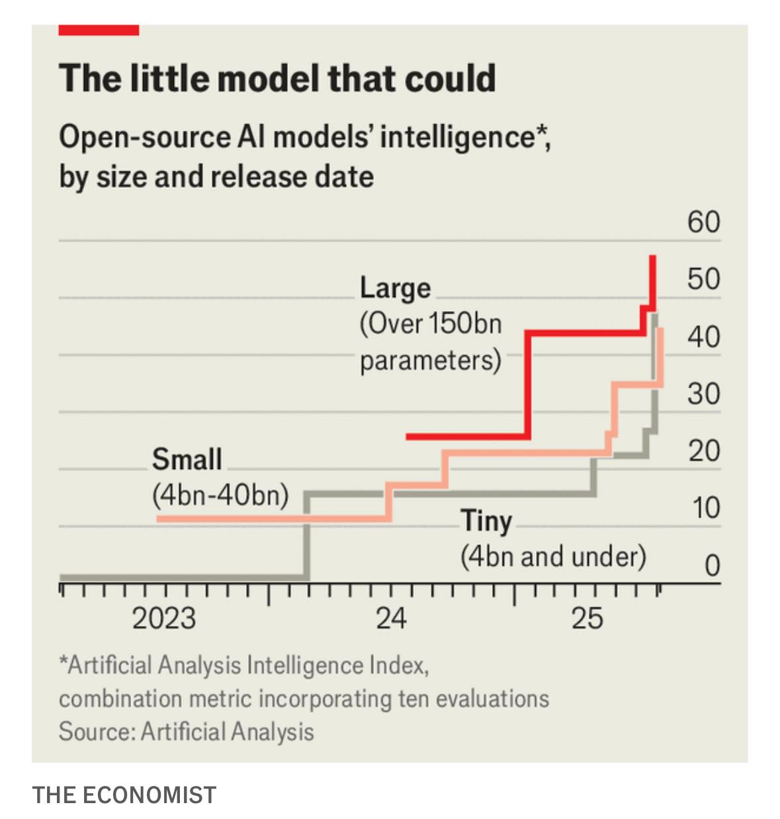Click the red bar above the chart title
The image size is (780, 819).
pyautogui.click(x=99, y=30)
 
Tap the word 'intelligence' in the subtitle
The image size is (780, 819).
pyautogui.click(x=458, y=138)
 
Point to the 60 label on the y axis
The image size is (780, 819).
pyautogui.click(x=703, y=222)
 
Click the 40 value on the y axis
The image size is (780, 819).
pyautogui.click(x=703, y=337)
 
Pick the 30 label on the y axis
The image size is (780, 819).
pyautogui.click(x=703, y=394)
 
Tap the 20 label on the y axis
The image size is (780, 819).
pyautogui.click(x=703, y=451)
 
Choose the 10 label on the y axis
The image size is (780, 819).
pyautogui.click(x=706, y=508)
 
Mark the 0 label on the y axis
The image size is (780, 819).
pyautogui.click(x=712, y=566)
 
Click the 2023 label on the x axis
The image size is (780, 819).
pyautogui.click(x=164, y=619)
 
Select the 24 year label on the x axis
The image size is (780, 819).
pyautogui.click(x=391, y=619)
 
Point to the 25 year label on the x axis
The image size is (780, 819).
pyautogui.click(x=587, y=619)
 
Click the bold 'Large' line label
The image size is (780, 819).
pyautogui.click(x=395, y=288)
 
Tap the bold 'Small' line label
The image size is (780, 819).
pyautogui.click(x=187, y=459)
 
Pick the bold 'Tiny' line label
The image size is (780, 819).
pyautogui.click(x=486, y=521)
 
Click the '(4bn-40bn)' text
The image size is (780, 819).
pyautogui.click(x=220, y=496)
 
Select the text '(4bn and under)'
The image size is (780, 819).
pyautogui.click(x=553, y=556)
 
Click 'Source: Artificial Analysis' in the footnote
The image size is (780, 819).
pyautogui.click(x=187, y=732)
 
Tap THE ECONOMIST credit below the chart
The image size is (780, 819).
pyautogui.click(x=124, y=795)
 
